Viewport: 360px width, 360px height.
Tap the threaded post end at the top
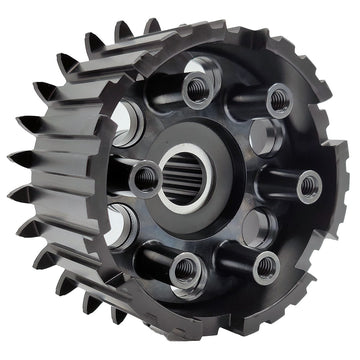[195, 88]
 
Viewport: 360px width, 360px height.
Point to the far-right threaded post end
[310, 184]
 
